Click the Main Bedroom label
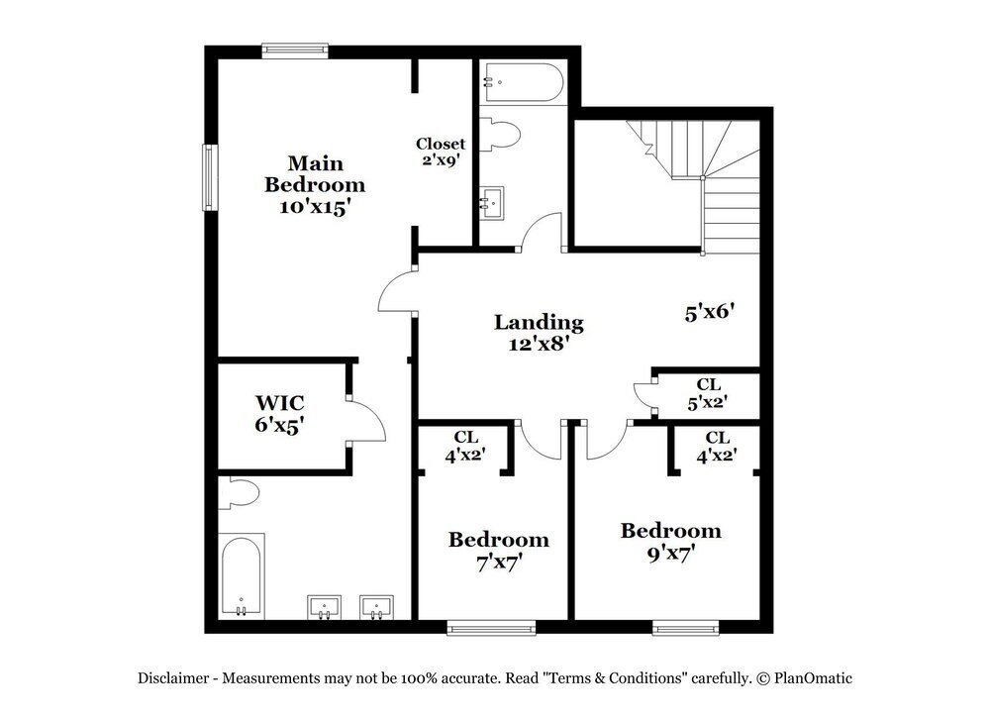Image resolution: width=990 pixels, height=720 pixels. [x=314, y=173]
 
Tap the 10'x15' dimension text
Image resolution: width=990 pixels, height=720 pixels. [x=314, y=207]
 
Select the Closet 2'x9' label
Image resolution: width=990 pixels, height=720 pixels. [x=441, y=151]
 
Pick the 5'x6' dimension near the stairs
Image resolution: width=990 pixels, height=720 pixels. [x=709, y=312]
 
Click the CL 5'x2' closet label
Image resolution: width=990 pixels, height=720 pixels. [x=708, y=393]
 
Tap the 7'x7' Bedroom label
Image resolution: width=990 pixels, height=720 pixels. [x=499, y=550]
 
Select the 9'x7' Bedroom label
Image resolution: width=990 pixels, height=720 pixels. [x=670, y=542]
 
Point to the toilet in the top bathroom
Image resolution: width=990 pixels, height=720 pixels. [x=500, y=135]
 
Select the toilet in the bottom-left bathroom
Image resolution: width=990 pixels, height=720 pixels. [x=238, y=492]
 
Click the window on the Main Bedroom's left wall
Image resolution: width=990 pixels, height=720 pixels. [x=210, y=177]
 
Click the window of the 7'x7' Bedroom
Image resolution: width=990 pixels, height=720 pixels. [x=491, y=627]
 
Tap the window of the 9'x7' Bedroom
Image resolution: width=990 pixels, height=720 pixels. [x=685, y=627]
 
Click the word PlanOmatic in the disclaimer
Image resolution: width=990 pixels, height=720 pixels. [x=814, y=678]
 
